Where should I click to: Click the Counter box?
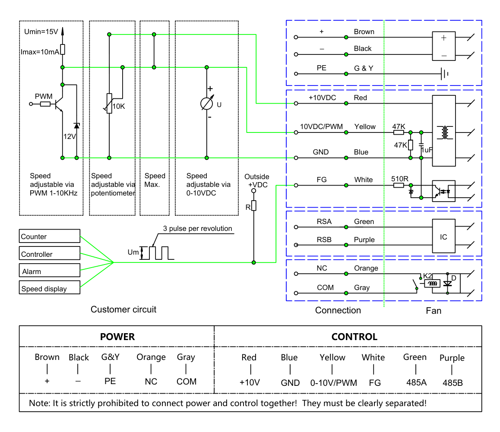[49, 236]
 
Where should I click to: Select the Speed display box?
[49, 287]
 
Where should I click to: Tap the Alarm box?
[49, 270]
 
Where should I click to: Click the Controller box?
[49, 253]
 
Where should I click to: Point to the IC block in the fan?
[443, 236]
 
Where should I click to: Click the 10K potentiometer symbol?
[109, 103]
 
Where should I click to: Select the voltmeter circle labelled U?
[207, 103]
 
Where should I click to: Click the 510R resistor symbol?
[399, 185]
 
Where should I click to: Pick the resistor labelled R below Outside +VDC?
[254, 205]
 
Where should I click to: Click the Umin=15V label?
[41, 32]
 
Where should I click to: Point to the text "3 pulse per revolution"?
[197, 228]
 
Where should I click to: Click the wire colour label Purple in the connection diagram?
[364, 240]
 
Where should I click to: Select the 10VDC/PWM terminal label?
[321, 126]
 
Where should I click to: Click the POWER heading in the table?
[117, 337]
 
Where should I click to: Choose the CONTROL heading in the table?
[354, 337]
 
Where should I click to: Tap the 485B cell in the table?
[453, 382]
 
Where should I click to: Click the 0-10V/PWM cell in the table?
[333, 382]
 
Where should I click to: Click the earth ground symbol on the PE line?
[445, 74]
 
